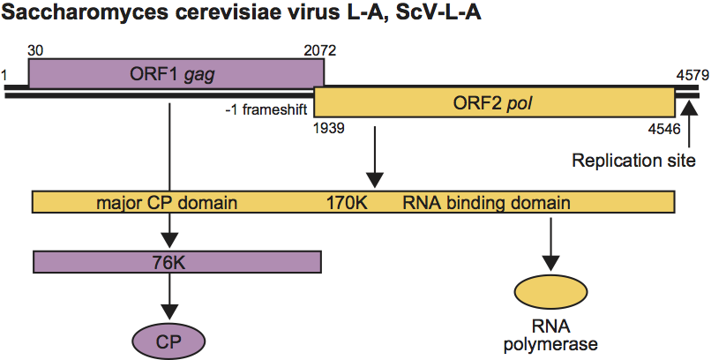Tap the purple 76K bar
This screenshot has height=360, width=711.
176,261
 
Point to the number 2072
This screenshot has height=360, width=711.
319,50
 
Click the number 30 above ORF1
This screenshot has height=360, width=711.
36,50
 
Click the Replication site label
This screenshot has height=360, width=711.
634,161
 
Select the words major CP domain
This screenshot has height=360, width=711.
168,202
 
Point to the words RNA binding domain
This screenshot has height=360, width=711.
486,202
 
